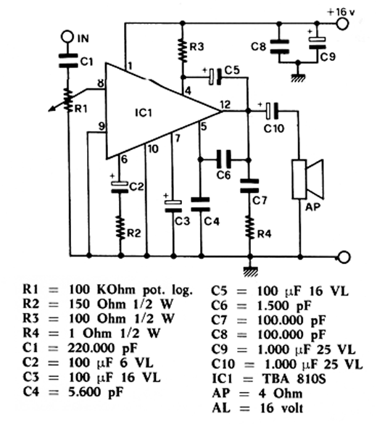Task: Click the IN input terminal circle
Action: [x=67, y=37]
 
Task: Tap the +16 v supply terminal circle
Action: [x=342, y=23]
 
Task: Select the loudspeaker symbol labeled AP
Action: [x=308, y=179]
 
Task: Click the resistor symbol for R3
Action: [x=183, y=50]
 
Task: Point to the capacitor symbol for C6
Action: [x=224, y=159]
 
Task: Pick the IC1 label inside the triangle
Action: [x=144, y=113]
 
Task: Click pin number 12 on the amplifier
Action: [x=225, y=104]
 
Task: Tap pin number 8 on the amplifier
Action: [x=101, y=83]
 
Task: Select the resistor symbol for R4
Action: [x=250, y=227]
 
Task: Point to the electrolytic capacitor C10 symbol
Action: [x=272, y=111]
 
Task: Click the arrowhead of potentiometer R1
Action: [x=51, y=109]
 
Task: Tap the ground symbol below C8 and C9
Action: [x=298, y=78]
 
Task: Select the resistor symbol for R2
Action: [x=120, y=227]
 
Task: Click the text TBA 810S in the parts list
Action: [x=294, y=378]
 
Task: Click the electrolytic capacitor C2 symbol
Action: [x=120, y=187]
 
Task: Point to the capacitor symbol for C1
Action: [x=68, y=61]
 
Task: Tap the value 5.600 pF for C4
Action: [x=96, y=392]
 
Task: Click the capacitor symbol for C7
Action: [x=249, y=186]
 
